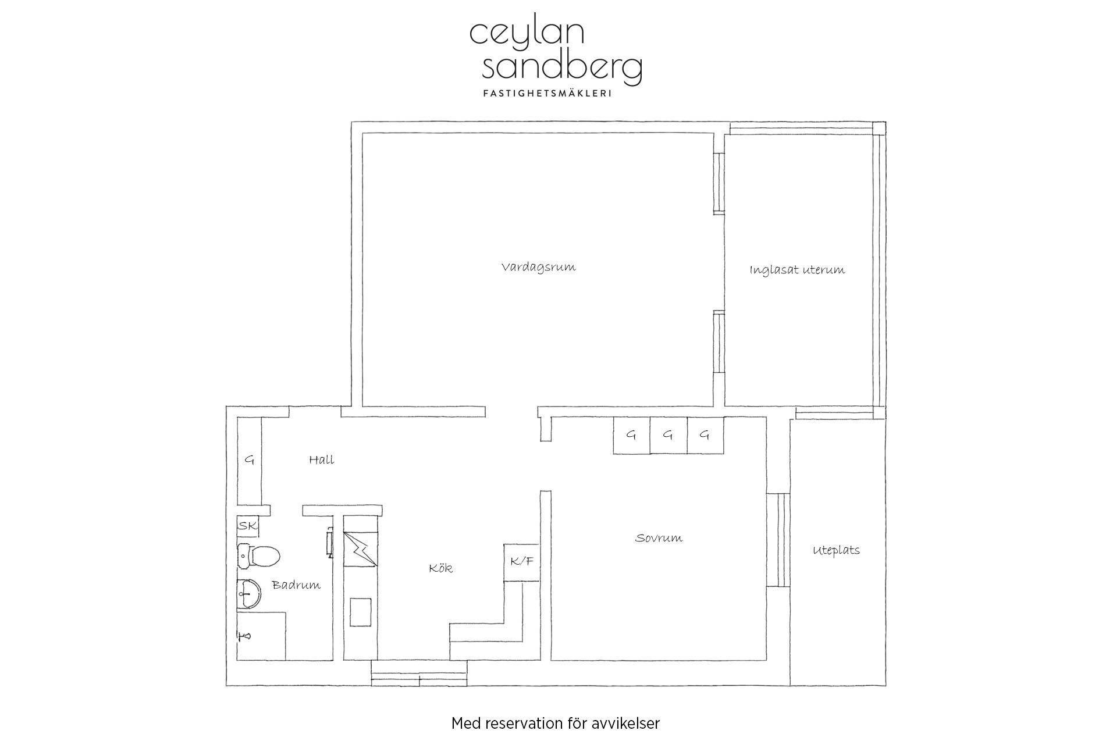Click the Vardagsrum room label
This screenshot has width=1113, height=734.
(x=538, y=268)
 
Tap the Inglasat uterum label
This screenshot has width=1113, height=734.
(x=797, y=270)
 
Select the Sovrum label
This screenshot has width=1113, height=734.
(x=659, y=538)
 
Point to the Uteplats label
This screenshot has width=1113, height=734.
(x=836, y=550)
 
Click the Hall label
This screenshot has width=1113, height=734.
(x=321, y=459)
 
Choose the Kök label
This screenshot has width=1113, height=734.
(x=440, y=568)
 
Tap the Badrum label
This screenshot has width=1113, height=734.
(x=296, y=585)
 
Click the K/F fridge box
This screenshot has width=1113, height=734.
(x=522, y=562)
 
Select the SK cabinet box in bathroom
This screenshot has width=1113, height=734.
(x=248, y=526)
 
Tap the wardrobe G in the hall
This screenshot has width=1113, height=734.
(x=250, y=461)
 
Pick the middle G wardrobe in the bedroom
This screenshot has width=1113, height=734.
(x=668, y=435)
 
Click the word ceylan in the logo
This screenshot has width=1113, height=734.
(x=527, y=34)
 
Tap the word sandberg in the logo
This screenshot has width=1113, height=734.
(x=562, y=69)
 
